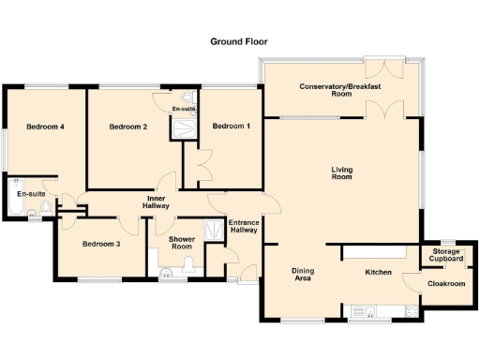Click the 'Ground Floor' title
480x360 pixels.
(239, 42)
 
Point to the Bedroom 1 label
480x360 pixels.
(231, 127)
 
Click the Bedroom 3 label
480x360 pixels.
(100, 245)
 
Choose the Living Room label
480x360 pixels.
(341, 172)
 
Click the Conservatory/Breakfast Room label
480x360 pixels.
(339, 90)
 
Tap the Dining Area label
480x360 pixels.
(303, 274)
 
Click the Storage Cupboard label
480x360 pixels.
(446, 254)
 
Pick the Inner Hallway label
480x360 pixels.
(156, 202)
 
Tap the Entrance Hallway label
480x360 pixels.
(244, 226)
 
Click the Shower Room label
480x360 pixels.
(182, 245)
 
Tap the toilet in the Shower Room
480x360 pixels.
(190, 267)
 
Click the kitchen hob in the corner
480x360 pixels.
(410, 310)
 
